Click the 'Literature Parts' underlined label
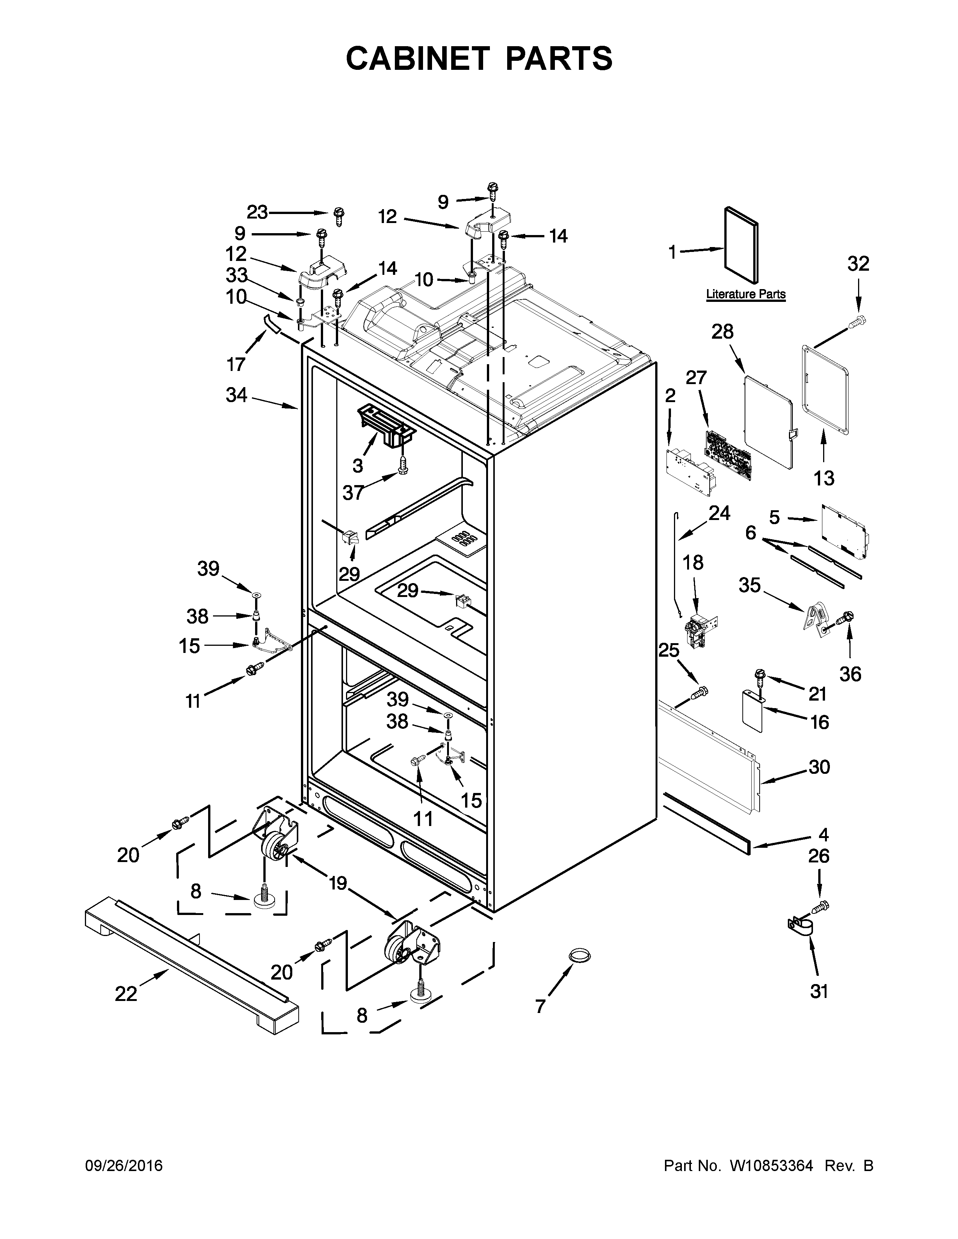pos(745,294)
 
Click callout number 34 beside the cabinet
pos(237,395)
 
